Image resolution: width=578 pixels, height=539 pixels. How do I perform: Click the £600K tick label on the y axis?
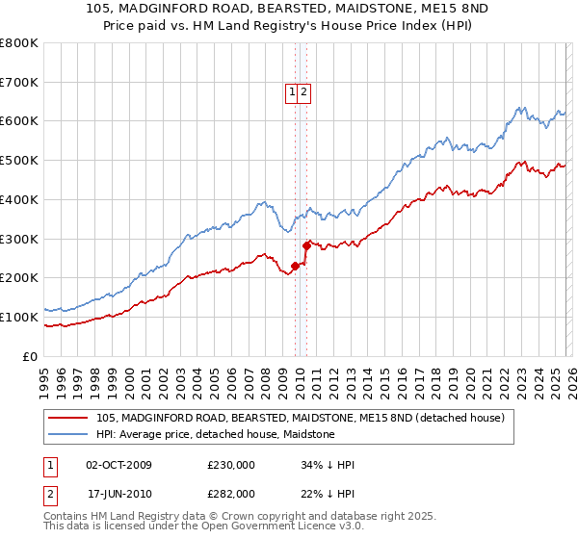(19, 121)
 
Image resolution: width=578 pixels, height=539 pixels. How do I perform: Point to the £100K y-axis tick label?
(19, 317)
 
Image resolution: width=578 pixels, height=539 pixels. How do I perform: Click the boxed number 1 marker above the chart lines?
(292, 92)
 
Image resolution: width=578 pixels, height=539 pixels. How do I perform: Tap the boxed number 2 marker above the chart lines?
(304, 92)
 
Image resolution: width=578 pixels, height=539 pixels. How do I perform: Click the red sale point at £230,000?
(295, 266)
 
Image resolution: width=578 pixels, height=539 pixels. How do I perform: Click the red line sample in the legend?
(68, 418)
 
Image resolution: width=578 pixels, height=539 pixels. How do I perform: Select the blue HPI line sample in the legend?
(68, 434)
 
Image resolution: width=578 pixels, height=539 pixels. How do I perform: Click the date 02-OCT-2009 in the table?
(118, 465)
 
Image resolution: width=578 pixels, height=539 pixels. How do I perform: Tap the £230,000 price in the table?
(231, 465)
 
